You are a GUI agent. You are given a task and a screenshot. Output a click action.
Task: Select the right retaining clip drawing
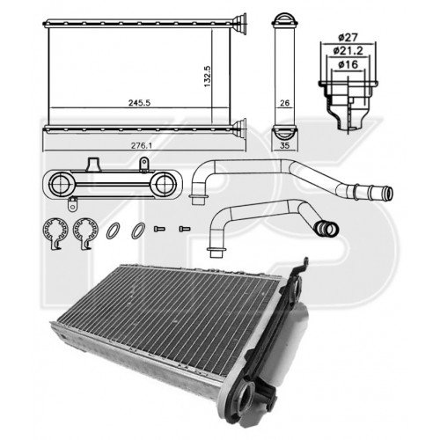85,232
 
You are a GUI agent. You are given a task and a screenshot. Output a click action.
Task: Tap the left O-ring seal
114,231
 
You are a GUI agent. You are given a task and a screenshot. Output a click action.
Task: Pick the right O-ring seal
138,231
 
